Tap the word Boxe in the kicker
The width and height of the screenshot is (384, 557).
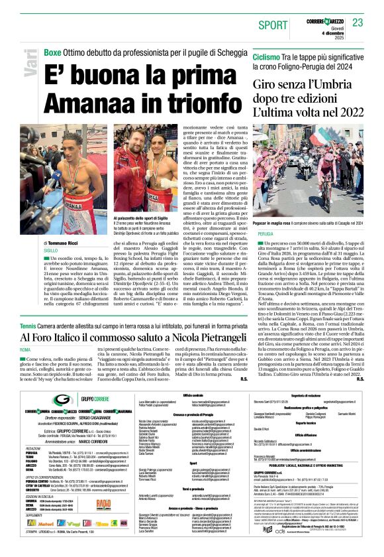(52, 52)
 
